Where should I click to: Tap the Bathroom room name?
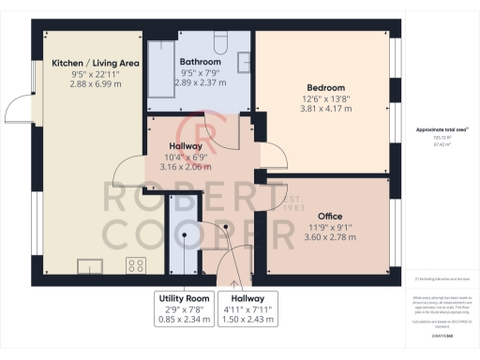200,62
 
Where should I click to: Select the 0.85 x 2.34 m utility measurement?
184,320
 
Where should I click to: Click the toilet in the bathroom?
220,41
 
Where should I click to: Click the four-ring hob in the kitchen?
133,264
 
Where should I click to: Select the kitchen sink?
91,265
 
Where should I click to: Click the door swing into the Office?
273,199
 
